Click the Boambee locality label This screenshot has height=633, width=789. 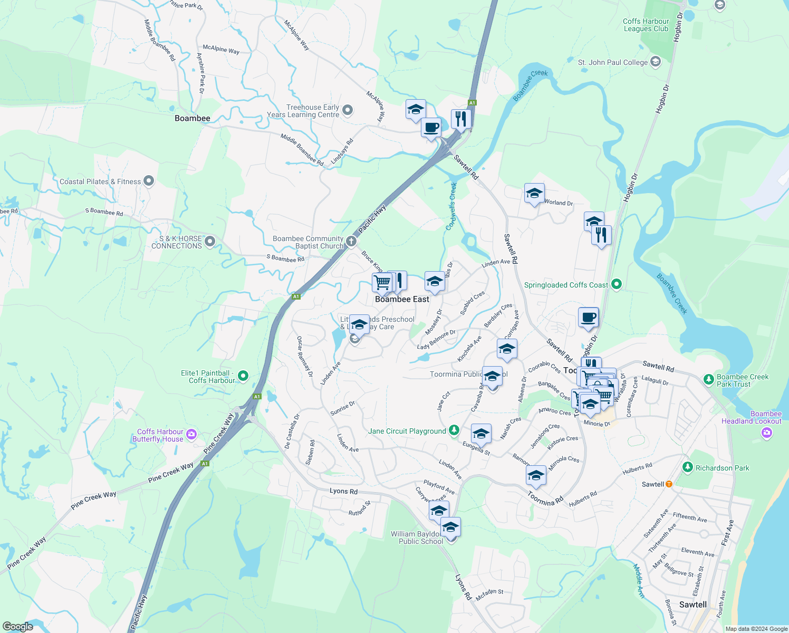pyautogui.click(x=193, y=118)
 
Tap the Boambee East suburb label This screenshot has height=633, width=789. pyautogui.click(x=402, y=299)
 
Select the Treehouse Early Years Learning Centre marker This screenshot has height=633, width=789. pyautogui.click(x=348, y=110)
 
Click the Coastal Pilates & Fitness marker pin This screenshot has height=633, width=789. pyautogui.click(x=149, y=181)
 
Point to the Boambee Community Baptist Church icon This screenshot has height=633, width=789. pyautogui.click(x=351, y=241)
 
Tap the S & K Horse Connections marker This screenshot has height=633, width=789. pyautogui.click(x=210, y=242)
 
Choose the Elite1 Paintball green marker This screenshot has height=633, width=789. pyautogui.click(x=243, y=376)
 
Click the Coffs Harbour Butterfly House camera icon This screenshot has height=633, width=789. pyautogui.click(x=191, y=435)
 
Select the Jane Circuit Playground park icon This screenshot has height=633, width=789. pyautogui.click(x=454, y=430)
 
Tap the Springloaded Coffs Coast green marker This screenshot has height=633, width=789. pyautogui.click(x=616, y=284)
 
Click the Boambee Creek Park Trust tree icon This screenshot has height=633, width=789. pyautogui.click(x=709, y=379)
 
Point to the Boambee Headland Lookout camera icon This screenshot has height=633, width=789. pyautogui.click(x=767, y=433)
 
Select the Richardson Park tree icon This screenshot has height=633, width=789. pyautogui.click(x=687, y=467)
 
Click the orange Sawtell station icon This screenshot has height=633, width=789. pyautogui.click(x=669, y=484)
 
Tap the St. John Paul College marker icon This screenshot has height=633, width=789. pyautogui.click(x=656, y=62)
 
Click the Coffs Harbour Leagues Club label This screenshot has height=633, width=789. pyautogui.click(x=646, y=25)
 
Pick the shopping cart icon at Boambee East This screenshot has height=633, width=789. pyautogui.click(x=382, y=282)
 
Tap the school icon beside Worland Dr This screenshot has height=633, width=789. pyautogui.click(x=534, y=194)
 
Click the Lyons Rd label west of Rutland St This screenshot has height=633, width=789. pyautogui.click(x=343, y=491)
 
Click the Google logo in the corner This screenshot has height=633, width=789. pyautogui.click(x=17, y=627)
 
